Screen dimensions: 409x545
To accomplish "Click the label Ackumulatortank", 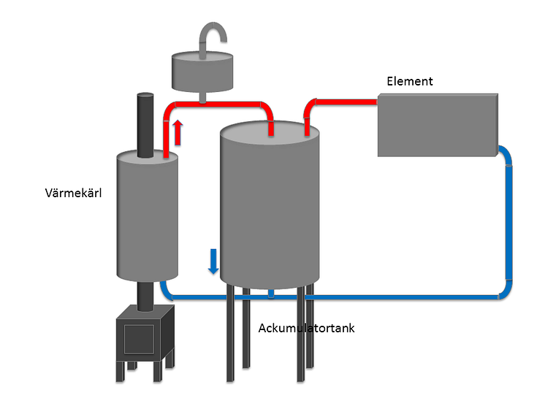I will pos(306,328).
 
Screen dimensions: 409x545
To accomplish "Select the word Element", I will pos(409,81).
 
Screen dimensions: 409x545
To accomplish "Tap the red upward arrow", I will pos(177,132).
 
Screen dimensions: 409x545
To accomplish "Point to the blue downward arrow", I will pos(213,260).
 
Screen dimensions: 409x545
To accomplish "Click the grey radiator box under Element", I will pos(437,125).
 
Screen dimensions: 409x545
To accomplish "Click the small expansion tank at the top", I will pos(199,70).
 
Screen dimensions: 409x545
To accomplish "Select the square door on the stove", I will pos(139,338).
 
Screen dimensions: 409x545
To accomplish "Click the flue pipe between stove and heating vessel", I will pos(145,294).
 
